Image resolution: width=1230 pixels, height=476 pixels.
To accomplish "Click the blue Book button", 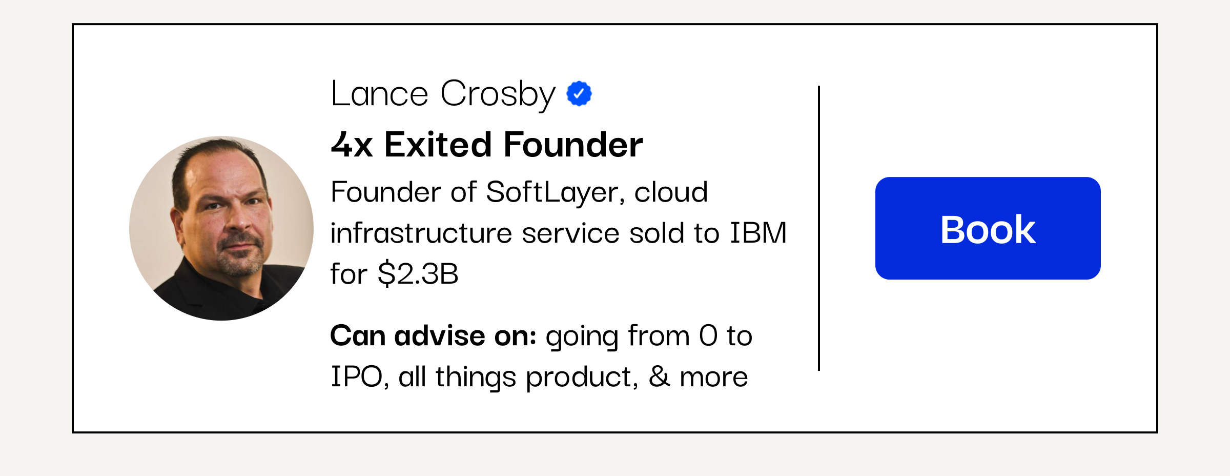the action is [988, 228].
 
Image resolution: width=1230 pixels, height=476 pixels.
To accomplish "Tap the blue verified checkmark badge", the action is [579, 94].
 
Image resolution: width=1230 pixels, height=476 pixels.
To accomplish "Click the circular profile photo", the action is [221, 228].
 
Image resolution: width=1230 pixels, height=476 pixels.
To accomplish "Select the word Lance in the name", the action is [379, 94].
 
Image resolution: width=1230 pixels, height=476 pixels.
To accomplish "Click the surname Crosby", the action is [498, 95].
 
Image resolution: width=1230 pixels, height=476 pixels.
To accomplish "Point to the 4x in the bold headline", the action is [352, 145].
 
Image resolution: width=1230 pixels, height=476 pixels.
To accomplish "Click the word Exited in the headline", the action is [439, 144].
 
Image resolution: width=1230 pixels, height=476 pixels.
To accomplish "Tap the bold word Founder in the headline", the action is [573, 144].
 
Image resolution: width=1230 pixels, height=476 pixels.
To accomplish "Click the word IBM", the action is [758, 233].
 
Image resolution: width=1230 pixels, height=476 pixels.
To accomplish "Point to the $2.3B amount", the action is [418, 273].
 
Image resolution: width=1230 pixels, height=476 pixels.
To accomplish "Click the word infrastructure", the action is [421, 233].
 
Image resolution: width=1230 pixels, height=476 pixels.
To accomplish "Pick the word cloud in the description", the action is [671, 192].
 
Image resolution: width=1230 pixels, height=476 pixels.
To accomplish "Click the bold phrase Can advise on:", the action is [433, 336].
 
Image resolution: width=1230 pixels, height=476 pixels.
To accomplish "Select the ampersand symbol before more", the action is [659, 376].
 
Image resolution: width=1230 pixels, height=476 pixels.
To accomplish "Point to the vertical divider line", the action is [819, 228].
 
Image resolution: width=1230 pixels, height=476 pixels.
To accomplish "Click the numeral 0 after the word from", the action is [708, 336].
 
